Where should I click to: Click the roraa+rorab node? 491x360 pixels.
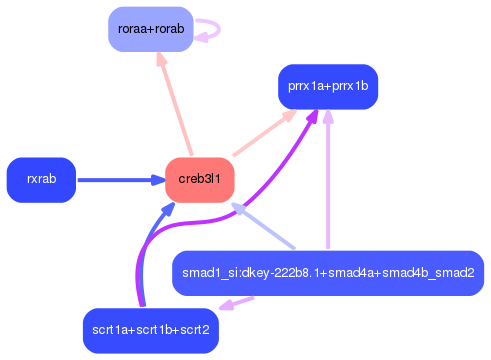[150, 29]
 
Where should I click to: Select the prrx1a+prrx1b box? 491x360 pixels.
[327, 86]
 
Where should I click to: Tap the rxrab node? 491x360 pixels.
[41, 180]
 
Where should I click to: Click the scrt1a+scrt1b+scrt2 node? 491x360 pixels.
[150, 330]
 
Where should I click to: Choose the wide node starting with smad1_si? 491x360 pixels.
[328, 273]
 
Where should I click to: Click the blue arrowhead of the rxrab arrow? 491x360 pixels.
[157, 180]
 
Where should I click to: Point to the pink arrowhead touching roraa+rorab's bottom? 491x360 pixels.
[160, 61]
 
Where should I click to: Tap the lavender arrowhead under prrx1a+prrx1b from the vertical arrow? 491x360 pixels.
[328, 117]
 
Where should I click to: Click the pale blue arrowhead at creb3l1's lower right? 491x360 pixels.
[236, 208]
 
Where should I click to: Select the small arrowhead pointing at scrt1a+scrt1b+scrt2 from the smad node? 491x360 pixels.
[224, 305]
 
